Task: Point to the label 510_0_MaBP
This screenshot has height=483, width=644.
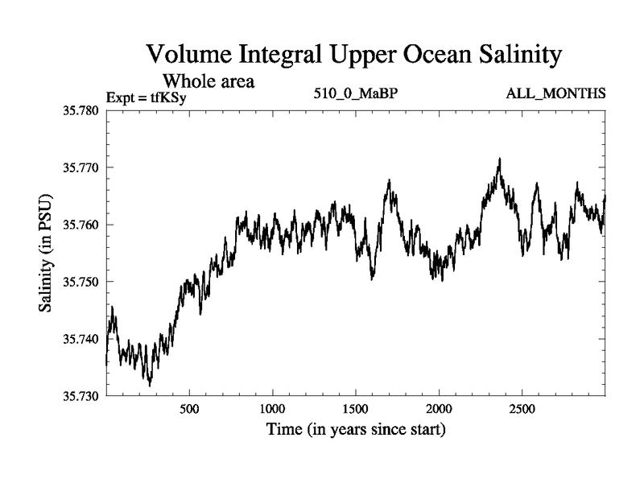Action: tap(355, 94)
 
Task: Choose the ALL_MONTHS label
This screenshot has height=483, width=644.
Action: tap(555, 94)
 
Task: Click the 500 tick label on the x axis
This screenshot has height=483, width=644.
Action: tap(189, 409)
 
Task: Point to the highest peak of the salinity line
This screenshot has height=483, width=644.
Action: tap(500, 159)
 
